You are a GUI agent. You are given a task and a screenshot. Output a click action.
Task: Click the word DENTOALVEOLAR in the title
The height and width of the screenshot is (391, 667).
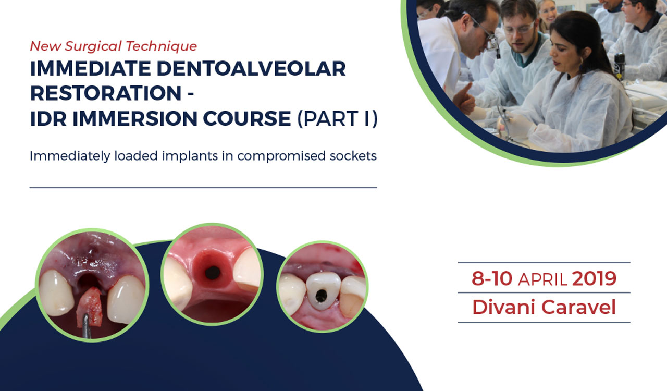click(x=251, y=68)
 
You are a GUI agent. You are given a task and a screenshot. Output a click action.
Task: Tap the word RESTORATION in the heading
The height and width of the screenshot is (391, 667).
click(x=106, y=93)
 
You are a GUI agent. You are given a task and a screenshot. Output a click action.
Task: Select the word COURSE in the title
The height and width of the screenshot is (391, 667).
click(x=247, y=118)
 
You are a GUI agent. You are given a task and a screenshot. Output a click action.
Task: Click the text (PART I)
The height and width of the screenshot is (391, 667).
click(x=338, y=119)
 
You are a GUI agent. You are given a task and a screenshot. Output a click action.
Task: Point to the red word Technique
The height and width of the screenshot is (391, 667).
click(x=161, y=46)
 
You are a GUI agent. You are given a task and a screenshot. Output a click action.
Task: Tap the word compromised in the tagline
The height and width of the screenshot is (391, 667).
click(x=281, y=156)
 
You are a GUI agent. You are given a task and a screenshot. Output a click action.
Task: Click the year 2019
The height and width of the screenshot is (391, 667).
click(x=595, y=278)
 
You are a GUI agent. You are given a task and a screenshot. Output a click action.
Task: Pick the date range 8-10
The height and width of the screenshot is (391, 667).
click(x=492, y=278)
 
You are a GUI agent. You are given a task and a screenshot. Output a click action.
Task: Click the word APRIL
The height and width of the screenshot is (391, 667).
click(x=542, y=280)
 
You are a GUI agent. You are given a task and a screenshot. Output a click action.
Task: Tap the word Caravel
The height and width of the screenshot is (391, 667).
click(x=578, y=307)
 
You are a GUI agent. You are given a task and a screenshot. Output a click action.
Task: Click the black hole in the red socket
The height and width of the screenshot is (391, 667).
click(x=213, y=273)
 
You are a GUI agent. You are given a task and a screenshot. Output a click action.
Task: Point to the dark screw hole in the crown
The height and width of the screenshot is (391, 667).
click(x=322, y=296)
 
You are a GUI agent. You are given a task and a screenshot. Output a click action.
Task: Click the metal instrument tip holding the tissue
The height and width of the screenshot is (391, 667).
click(x=86, y=326)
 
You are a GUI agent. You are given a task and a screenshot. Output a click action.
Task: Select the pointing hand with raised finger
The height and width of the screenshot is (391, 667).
click(x=464, y=100)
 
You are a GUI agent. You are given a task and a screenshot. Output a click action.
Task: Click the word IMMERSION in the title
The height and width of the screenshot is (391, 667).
click(x=135, y=118)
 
